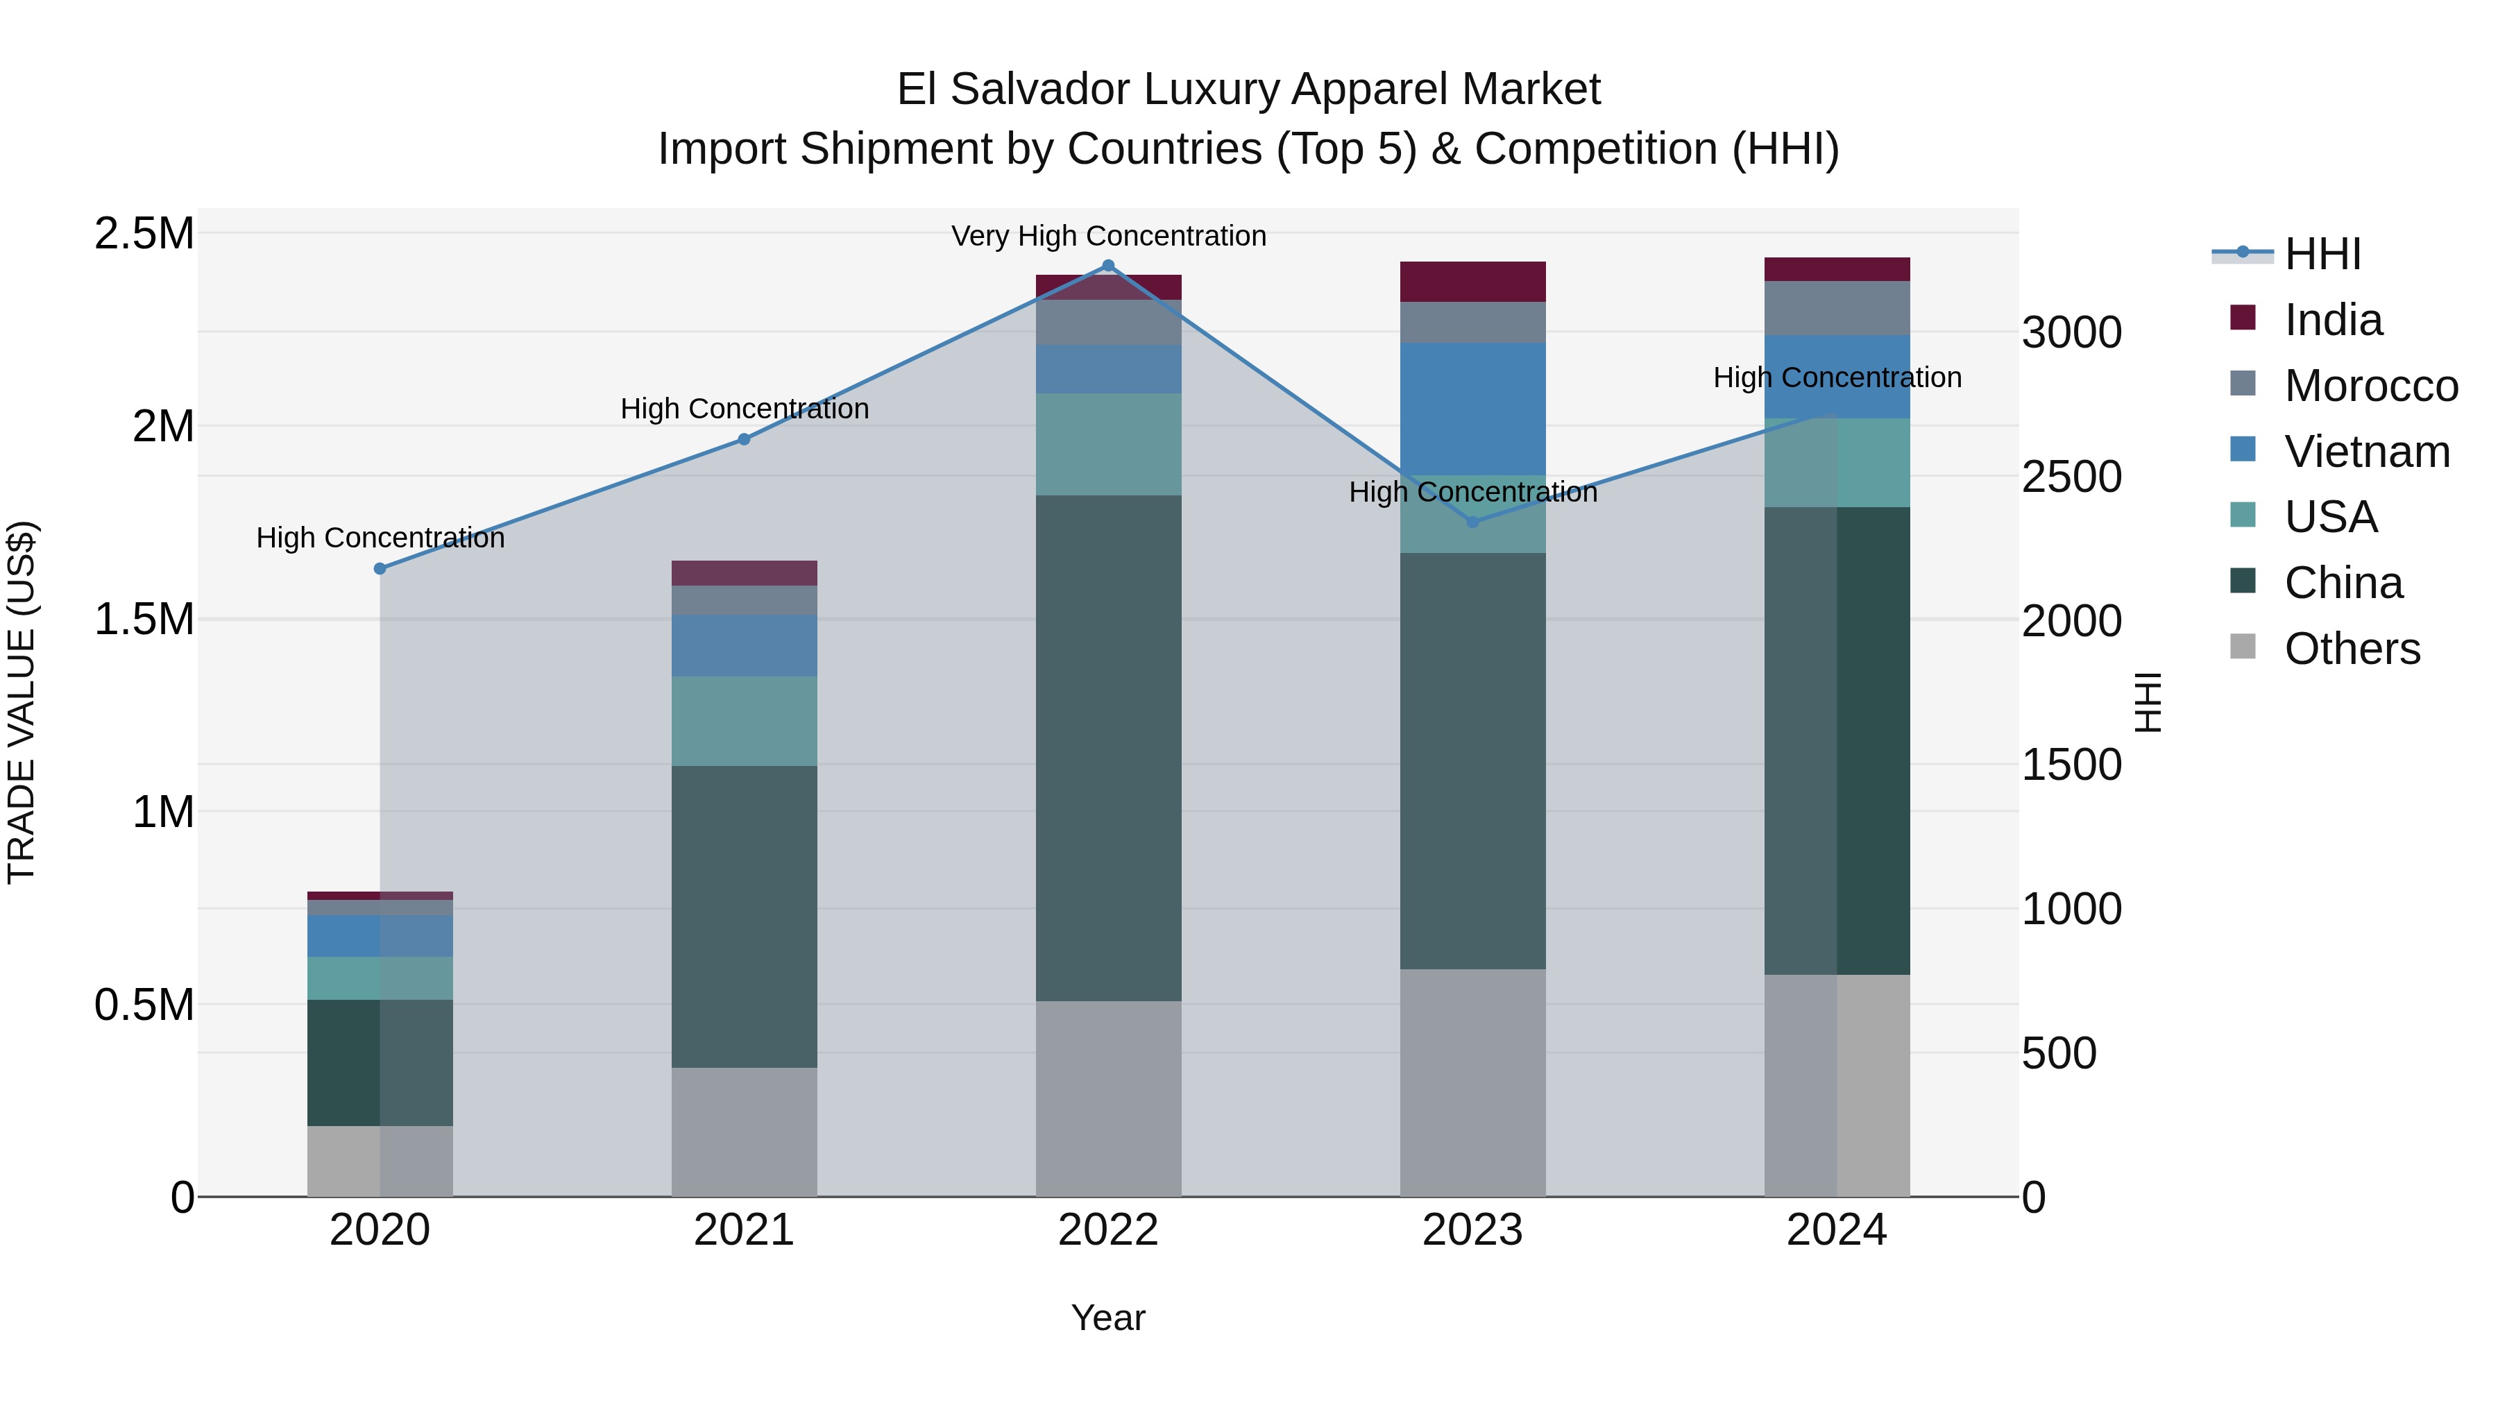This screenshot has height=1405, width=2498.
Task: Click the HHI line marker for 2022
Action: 1108,266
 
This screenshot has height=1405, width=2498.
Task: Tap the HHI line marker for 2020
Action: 380,568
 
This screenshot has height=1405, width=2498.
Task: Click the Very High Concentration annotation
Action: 1108,236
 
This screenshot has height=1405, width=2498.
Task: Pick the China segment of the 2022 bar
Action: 1108,747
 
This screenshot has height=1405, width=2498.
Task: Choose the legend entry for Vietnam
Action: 2366,451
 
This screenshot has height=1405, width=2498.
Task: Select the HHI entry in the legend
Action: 2322,254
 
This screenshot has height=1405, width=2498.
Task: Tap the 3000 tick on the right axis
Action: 2071,332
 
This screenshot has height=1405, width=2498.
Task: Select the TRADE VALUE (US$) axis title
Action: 22,702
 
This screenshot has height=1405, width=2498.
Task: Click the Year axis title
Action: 1107,1318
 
